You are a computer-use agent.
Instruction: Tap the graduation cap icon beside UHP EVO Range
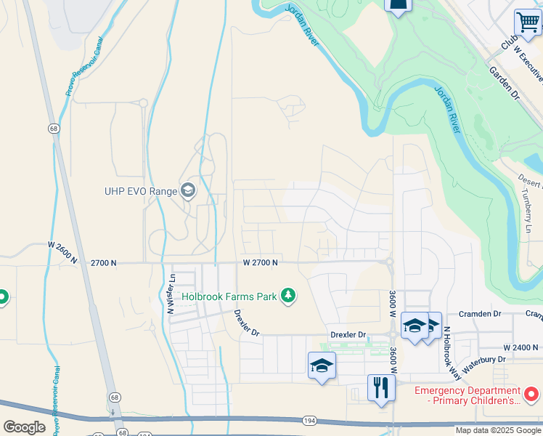(188, 191)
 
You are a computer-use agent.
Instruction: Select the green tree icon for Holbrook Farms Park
(289, 295)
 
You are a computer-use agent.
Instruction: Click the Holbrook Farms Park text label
(229, 296)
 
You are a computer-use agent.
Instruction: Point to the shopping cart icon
(527, 22)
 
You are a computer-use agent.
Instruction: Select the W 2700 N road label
(261, 262)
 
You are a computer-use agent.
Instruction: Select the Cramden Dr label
(480, 314)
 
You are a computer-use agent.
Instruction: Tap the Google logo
(24, 427)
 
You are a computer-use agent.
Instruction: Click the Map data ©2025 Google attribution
(497, 430)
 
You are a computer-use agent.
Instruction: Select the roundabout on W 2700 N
(390, 262)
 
